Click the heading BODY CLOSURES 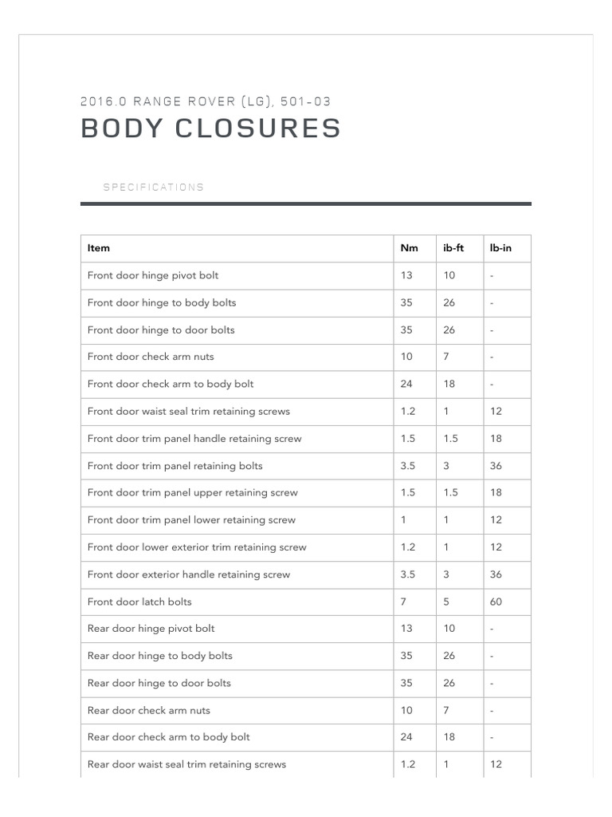[x=211, y=128]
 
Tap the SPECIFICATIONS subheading [x=153, y=187]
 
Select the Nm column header [x=409, y=248]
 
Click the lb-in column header [x=500, y=248]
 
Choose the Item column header [x=99, y=248]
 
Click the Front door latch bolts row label [x=139, y=602]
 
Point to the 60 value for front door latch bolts [x=496, y=602]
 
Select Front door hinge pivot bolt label [x=153, y=275]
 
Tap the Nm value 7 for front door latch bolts [x=403, y=602]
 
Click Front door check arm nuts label [x=151, y=357]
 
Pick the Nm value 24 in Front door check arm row [x=406, y=384]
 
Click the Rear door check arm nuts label [x=149, y=710]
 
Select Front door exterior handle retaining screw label [x=189, y=574]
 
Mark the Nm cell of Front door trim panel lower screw [x=403, y=520]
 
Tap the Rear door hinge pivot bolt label [x=151, y=629]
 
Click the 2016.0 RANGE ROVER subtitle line [x=206, y=101]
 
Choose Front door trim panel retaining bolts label [x=175, y=466]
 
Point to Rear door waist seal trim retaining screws [x=186, y=764]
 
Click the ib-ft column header [x=453, y=248]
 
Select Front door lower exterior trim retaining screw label [x=197, y=547]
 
